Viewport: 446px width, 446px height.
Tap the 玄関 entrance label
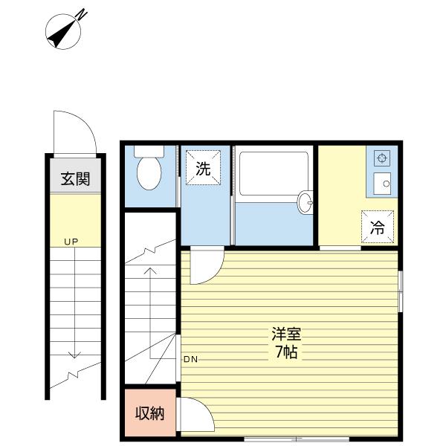pyautogui.click(x=75, y=178)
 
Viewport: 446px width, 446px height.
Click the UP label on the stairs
pyautogui.click(x=71, y=242)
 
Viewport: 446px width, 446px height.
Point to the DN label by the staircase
pyautogui.click(x=190, y=360)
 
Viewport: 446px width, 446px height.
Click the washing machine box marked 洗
pyautogui.click(x=203, y=168)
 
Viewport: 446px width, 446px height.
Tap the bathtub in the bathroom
pyautogui.click(x=272, y=175)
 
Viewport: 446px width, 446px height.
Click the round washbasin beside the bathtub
pyautogui.click(x=304, y=201)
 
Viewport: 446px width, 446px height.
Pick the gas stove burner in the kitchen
pyautogui.click(x=382, y=158)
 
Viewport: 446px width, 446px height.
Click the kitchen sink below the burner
pyautogui.click(x=383, y=182)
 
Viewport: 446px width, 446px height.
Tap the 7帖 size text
pyautogui.click(x=285, y=353)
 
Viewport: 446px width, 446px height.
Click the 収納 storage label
pyautogui.click(x=149, y=414)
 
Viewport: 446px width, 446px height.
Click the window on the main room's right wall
pyautogui.click(x=400, y=291)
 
